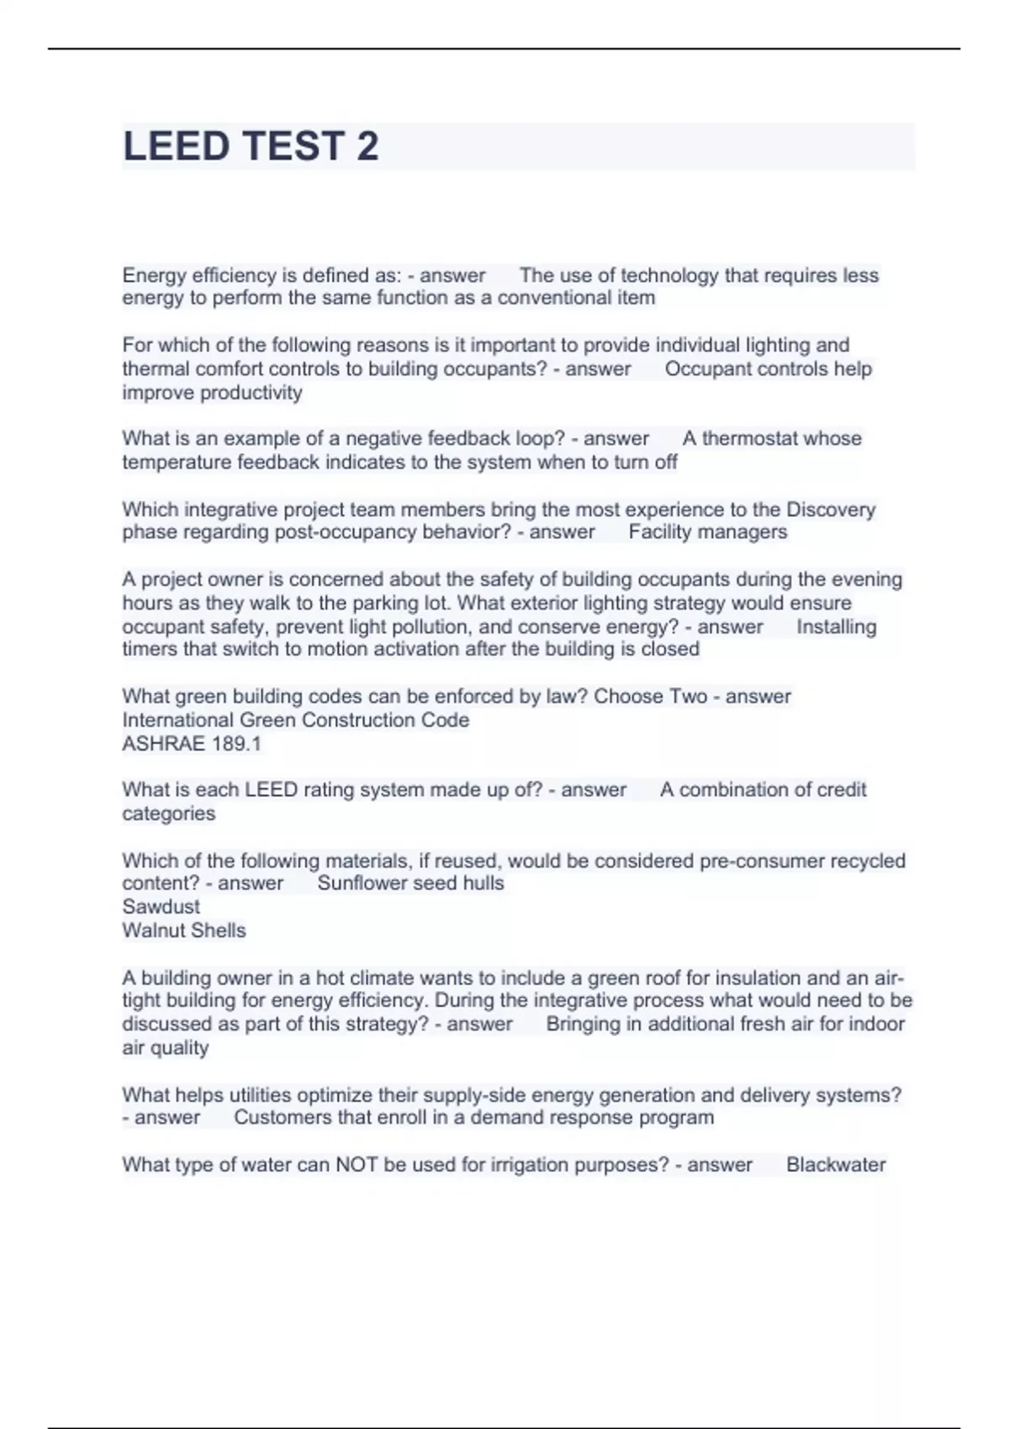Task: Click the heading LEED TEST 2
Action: (x=251, y=146)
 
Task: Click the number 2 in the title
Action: (x=367, y=146)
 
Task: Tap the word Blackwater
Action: (x=836, y=1164)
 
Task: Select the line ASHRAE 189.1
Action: (x=192, y=743)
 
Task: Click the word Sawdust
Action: (x=161, y=906)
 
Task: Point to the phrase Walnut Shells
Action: (x=183, y=930)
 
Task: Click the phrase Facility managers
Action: (x=707, y=531)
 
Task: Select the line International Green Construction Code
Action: (x=295, y=720)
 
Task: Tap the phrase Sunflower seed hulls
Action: (x=410, y=883)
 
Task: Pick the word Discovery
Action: (x=830, y=509)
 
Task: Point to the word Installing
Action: (x=836, y=626)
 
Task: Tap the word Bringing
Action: (x=583, y=1024)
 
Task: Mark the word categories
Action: (x=168, y=813)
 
